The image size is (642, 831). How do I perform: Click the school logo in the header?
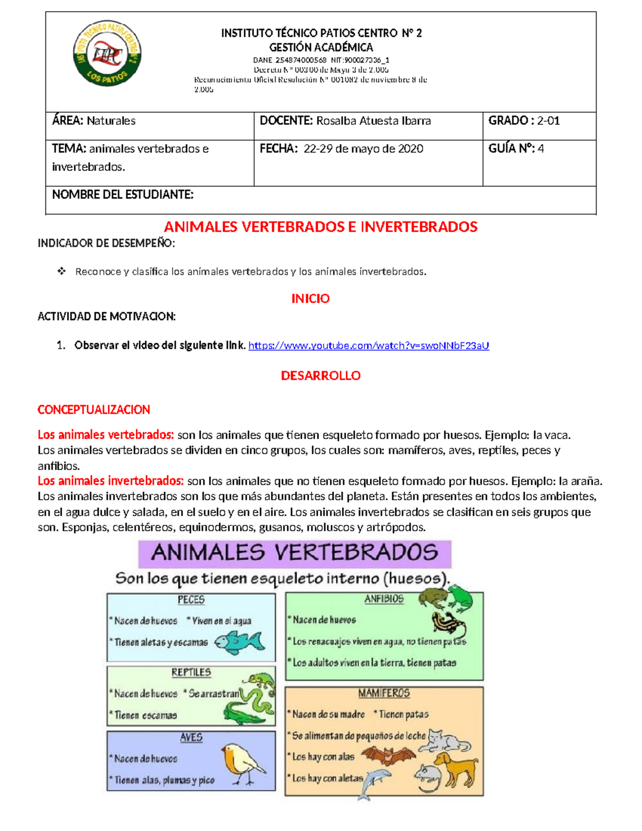click(x=107, y=54)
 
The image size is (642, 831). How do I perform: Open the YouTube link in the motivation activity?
click(x=369, y=346)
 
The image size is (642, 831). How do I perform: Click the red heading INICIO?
click(x=310, y=299)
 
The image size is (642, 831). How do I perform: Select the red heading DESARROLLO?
click(x=320, y=376)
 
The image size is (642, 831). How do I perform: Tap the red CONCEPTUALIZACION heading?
click(x=94, y=410)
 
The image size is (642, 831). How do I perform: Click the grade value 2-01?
click(x=548, y=121)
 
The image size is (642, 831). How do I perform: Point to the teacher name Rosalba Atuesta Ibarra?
click(x=373, y=121)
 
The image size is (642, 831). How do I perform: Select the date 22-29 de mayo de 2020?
click(x=363, y=149)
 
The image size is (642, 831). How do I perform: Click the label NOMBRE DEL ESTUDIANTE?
click(x=123, y=195)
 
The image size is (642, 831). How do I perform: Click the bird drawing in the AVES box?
click(x=242, y=763)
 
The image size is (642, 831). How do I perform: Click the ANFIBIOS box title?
click(x=384, y=599)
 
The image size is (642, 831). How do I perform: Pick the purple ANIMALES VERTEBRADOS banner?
click(x=295, y=553)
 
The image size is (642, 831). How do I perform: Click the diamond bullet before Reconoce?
click(x=62, y=271)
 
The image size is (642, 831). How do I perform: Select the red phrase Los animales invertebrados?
click(x=111, y=481)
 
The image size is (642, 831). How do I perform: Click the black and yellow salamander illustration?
click(x=448, y=624)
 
